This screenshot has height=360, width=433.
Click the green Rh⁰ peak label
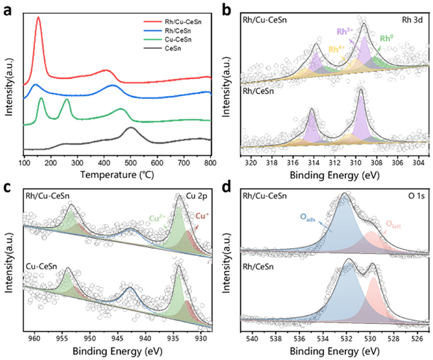point(387,38)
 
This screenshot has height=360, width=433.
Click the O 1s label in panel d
point(413,197)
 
